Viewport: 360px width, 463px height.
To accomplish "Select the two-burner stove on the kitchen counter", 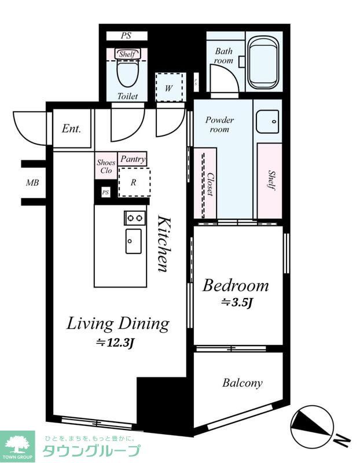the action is click(135, 218).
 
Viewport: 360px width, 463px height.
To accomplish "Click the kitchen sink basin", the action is click(134, 241).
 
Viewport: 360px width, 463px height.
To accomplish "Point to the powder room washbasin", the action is click(267, 122).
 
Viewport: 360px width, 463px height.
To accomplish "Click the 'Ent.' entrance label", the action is click(71, 128).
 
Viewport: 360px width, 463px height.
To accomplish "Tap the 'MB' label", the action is click(32, 183).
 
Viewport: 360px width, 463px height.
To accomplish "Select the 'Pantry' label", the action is click(133, 159).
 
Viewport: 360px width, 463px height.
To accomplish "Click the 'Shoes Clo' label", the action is click(106, 167).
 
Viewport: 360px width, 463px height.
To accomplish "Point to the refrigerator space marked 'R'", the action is click(134, 182).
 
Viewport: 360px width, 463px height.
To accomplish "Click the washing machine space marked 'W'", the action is click(169, 87).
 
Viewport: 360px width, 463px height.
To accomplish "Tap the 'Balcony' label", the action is click(242, 383).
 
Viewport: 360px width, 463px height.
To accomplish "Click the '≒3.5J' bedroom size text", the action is click(237, 303).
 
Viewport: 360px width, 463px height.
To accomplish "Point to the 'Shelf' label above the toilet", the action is click(127, 54).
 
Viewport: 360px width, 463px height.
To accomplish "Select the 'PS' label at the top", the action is click(126, 36).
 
